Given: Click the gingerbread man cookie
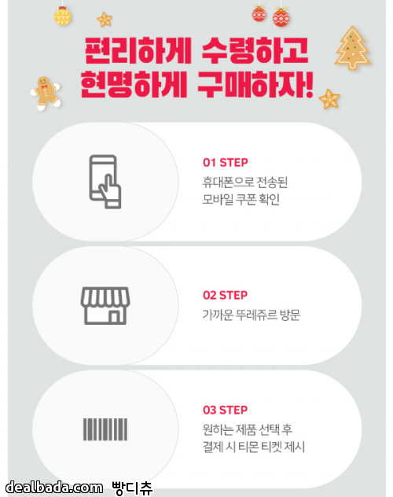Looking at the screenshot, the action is (46, 93).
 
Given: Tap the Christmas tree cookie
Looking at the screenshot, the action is (352, 48).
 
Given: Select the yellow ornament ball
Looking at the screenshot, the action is (62, 17).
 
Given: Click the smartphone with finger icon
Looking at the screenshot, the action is (105, 182).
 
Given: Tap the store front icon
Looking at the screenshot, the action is (105, 306).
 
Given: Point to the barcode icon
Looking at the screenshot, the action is (105, 429).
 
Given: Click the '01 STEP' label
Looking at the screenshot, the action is (225, 163).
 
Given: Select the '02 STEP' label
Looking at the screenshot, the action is (225, 295).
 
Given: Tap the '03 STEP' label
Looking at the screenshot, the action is (225, 410).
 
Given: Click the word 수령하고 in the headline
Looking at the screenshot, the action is (255, 50).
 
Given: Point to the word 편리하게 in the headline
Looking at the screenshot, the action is (138, 50).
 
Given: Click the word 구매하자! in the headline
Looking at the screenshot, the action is (255, 84).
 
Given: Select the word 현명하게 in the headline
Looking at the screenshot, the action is (134, 84).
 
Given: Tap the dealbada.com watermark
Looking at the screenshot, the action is (54, 488).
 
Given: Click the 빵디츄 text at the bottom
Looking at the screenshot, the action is (132, 488).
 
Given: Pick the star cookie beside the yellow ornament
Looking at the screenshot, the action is (105, 20).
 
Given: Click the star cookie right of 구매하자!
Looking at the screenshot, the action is (329, 99).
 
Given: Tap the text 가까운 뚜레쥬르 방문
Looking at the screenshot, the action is (252, 315).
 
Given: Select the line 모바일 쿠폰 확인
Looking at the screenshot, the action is (241, 200).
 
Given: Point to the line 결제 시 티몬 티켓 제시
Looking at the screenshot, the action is (254, 447).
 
